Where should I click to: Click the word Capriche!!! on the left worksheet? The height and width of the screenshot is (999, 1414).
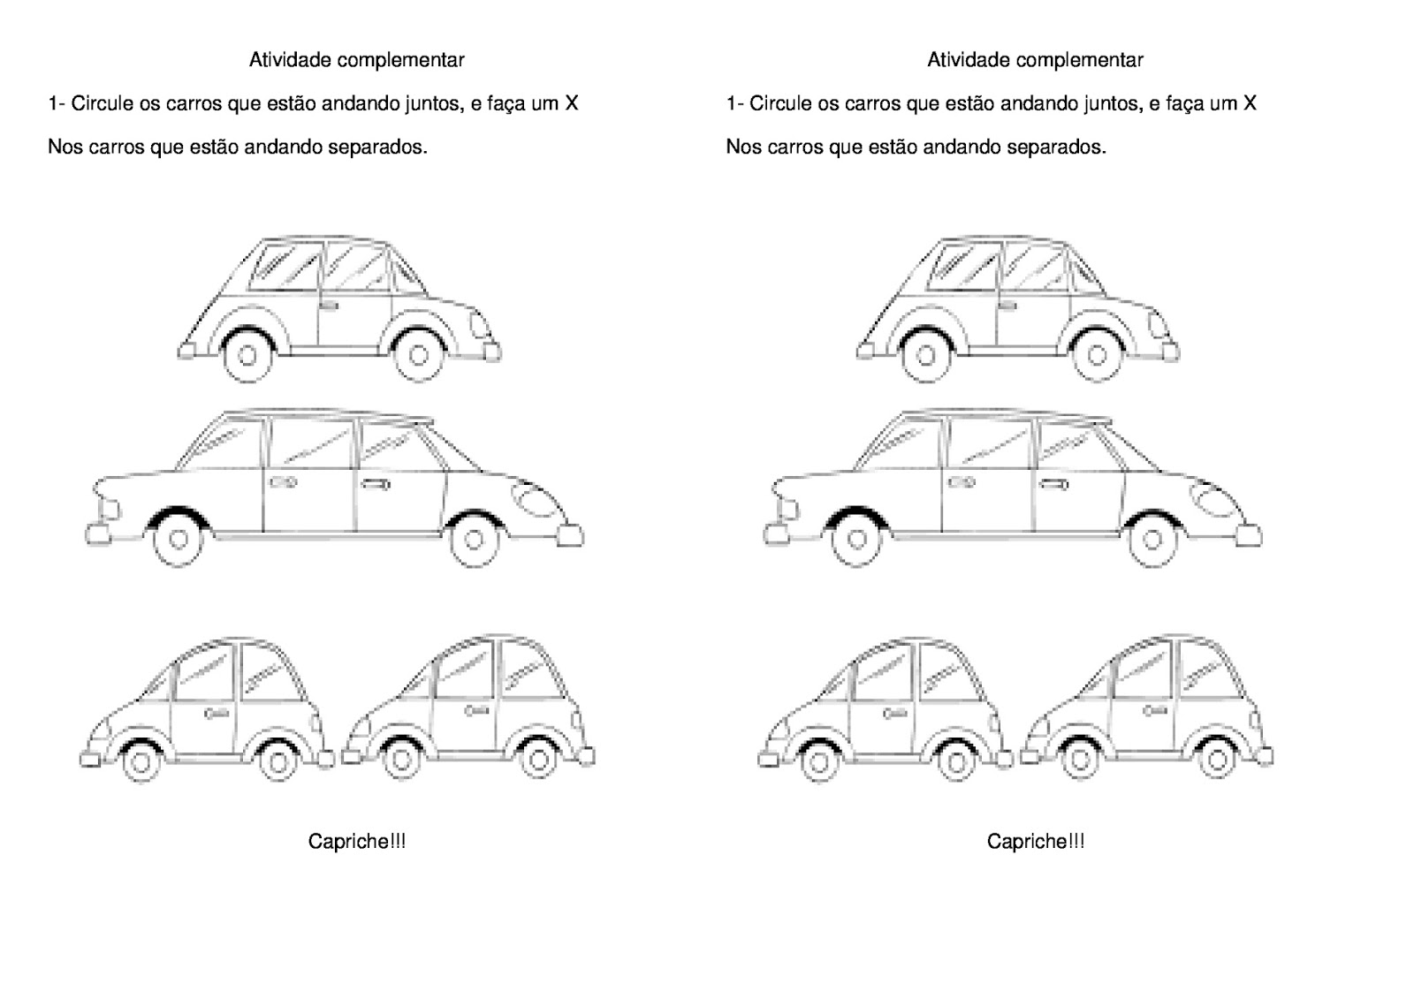click(x=357, y=841)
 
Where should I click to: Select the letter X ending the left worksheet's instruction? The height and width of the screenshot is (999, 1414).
click(x=571, y=102)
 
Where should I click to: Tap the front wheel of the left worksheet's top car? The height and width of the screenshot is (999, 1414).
click(x=419, y=355)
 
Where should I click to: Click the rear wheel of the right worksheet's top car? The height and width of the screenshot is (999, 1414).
click(x=926, y=355)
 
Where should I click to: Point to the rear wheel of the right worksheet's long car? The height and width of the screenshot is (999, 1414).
click(x=856, y=541)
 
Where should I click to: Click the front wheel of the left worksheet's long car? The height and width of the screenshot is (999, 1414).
click(x=474, y=541)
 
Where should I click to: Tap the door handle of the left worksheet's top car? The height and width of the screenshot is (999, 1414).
click(x=329, y=307)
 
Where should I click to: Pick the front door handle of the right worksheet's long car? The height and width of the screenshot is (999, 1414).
click(x=1053, y=485)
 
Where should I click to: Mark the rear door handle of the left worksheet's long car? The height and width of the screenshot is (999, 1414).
click(x=284, y=483)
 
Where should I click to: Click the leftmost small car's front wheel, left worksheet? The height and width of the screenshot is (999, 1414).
click(x=141, y=761)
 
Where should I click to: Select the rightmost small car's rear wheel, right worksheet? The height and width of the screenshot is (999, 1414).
click(x=1216, y=759)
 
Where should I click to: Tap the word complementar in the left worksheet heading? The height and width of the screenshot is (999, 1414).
click(x=401, y=61)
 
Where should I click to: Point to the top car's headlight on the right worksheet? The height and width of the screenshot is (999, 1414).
click(x=1157, y=324)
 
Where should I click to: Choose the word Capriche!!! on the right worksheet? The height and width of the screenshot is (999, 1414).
click(x=1036, y=841)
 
